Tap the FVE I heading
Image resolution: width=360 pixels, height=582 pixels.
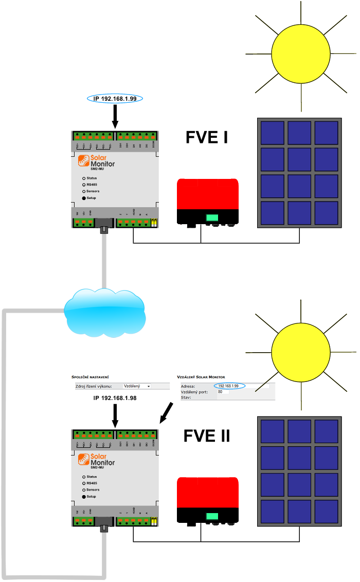(x=207, y=137)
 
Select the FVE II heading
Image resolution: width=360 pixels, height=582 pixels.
(x=207, y=436)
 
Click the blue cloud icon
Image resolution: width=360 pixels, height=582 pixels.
(x=104, y=311)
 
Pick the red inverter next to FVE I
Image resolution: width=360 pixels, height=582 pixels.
(x=208, y=201)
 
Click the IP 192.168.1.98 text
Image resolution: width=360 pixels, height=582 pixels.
(x=115, y=398)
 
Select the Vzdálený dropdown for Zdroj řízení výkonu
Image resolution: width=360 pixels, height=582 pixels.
(x=137, y=386)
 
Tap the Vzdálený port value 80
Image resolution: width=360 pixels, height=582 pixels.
(x=221, y=392)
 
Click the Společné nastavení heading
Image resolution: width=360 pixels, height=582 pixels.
(x=94, y=377)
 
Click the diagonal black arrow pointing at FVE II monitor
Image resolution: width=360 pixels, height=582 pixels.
(x=167, y=412)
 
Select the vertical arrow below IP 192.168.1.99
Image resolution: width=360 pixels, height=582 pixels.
(x=115, y=116)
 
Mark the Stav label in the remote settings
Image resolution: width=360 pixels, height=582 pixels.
(x=186, y=397)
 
